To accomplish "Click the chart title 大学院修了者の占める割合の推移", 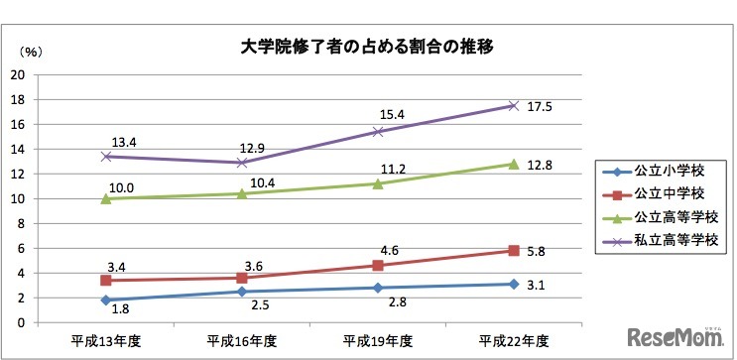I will coord(368,46).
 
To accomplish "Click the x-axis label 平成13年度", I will coord(106,340).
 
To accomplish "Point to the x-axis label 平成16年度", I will coord(241,340).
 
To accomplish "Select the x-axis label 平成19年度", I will coord(377,340).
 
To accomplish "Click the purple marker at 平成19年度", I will coord(377,131).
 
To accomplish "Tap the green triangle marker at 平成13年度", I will coord(106,197).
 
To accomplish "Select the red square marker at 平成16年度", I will coord(241,278).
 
